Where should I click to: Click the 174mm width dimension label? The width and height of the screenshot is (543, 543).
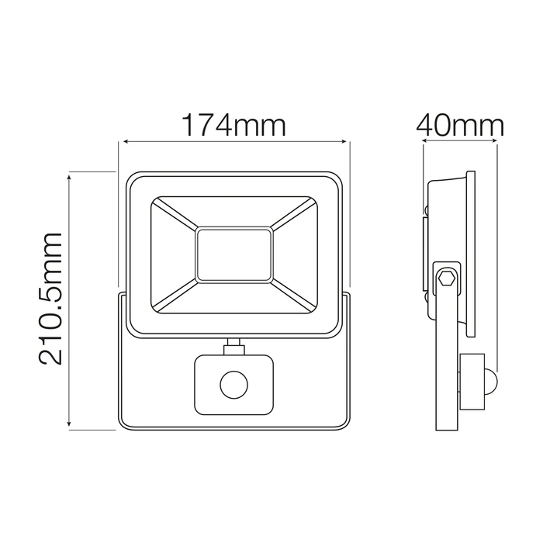coord(234,126)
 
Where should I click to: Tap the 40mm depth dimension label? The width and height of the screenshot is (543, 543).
coord(459,126)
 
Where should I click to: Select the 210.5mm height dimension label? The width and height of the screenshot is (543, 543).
coord(51,299)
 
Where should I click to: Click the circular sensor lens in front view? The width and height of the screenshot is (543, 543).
coord(234,385)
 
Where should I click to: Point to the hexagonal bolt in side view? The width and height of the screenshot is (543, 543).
coord(446,278)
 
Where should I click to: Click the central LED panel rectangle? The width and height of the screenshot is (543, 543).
coord(234,254)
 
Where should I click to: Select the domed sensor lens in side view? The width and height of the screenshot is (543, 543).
coord(491,382)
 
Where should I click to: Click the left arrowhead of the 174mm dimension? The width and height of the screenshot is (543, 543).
coord(126,141)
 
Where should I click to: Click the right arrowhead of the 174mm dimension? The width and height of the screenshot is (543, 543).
coord(343,141)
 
